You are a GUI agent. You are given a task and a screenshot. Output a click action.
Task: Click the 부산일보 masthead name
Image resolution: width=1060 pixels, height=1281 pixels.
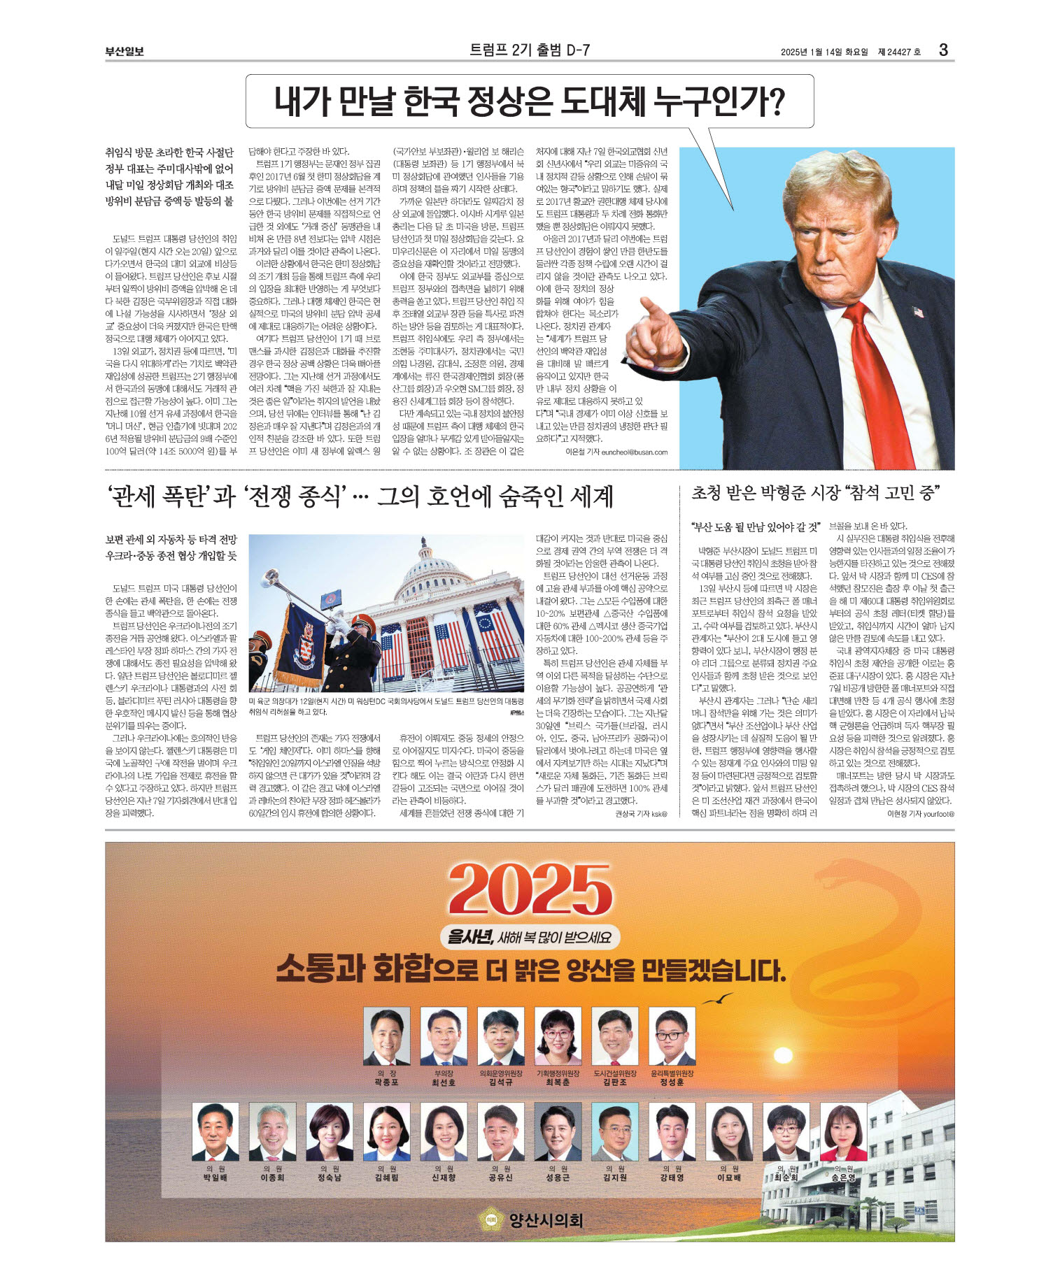tap(125, 51)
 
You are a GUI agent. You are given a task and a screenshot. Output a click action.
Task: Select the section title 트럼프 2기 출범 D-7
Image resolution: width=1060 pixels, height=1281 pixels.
tap(530, 50)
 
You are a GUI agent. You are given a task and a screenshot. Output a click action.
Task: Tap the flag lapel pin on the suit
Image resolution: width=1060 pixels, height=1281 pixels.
tap(918, 312)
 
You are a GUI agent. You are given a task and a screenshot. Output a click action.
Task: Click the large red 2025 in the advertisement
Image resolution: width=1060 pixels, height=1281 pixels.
tap(530, 890)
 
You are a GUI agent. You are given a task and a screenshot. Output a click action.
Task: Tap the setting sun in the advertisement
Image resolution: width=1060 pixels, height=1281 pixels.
tap(782, 1055)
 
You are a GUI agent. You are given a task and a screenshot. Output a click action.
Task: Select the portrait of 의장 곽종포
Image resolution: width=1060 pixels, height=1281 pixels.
tap(386, 1036)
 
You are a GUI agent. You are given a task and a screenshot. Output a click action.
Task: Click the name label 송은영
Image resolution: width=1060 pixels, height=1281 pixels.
tap(843, 1178)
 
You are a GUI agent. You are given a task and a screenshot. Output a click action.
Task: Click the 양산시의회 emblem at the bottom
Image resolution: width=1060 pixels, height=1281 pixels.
tap(491, 1220)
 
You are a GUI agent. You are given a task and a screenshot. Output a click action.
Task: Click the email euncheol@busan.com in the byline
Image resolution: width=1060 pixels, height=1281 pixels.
tap(634, 452)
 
